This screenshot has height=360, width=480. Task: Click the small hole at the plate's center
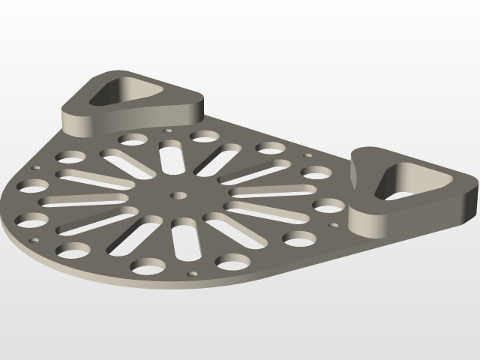pyautogui.click(x=178, y=195)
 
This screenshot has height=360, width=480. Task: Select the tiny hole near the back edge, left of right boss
pyautogui.click(x=307, y=155)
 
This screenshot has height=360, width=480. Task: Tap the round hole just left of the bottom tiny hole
pyautogui.click(x=148, y=265)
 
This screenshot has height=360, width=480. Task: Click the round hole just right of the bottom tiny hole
pyautogui.click(x=232, y=261)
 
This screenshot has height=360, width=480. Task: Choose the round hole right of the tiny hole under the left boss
pyautogui.click(x=204, y=136)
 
